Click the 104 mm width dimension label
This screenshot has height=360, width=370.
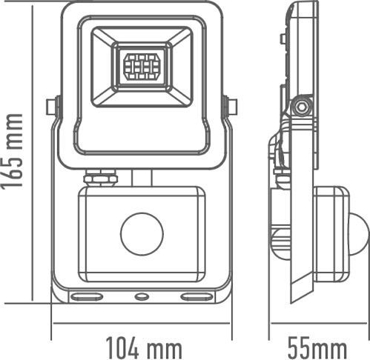[145, 347]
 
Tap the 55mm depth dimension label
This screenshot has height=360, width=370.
[317, 347]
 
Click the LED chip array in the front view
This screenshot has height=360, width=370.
[142, 67]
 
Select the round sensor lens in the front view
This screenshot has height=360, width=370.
[142, 234]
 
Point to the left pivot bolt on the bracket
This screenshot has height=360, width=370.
[53, 107]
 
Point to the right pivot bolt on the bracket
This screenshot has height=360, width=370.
[231, 107]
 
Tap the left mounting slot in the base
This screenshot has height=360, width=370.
[87, 296]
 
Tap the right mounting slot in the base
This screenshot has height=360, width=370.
[196, 296]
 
